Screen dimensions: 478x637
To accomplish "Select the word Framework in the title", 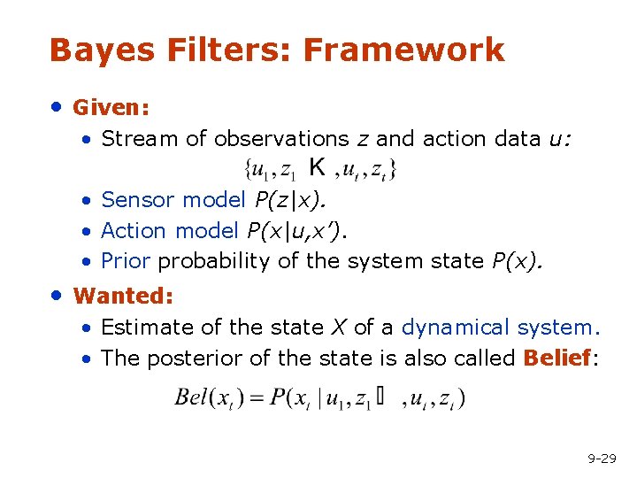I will pos(403,50).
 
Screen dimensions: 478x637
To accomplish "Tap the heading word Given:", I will pos(111,108).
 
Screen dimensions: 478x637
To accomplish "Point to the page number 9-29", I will pos(602,459).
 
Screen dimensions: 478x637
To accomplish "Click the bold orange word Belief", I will pos(556,358).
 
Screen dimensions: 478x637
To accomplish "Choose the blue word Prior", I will pos(126,262).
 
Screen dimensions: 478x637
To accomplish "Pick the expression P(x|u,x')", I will pos(297,231).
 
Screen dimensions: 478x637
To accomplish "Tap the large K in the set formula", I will pos(316,166).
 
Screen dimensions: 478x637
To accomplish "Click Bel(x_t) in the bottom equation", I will pos(209,397).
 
